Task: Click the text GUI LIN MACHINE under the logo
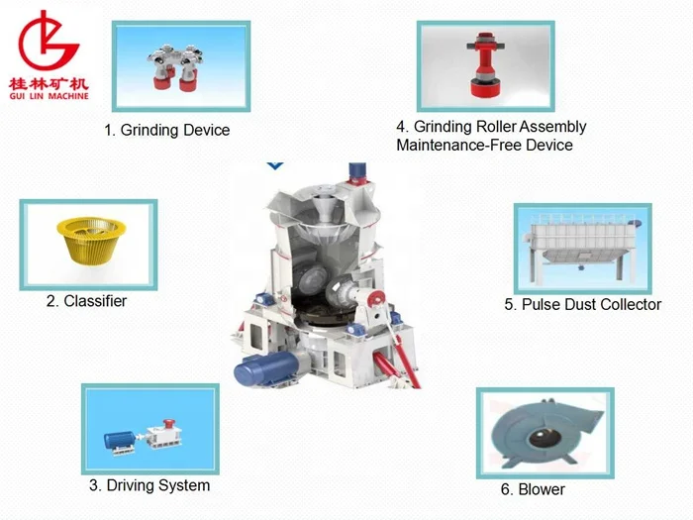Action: click(52, 95)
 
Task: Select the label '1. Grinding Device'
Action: click(167, 130)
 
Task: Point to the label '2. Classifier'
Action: click(86, 300)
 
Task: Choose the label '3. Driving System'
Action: click(149, 485)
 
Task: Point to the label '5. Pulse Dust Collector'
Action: click(582, 304)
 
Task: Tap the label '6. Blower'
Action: click(535, 489)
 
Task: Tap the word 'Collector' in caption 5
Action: click(628, 304)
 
